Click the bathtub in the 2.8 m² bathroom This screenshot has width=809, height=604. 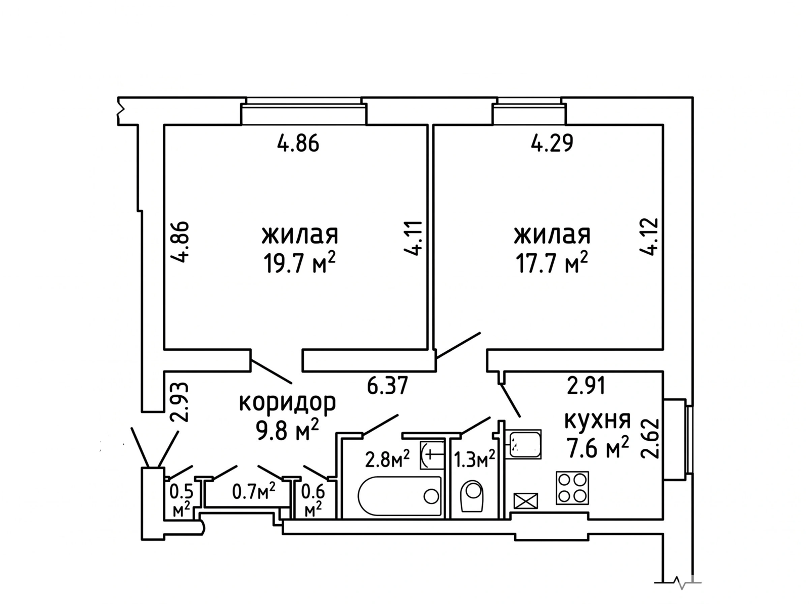(x=399, y=496)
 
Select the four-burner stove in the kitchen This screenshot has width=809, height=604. (x=572, y=488)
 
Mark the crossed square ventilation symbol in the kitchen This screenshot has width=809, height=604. (x=526, y=501)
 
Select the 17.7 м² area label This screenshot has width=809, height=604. (x=551, y=263)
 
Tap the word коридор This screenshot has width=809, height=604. (x=288, y=402)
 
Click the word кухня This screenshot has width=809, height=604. (x=598, y=420)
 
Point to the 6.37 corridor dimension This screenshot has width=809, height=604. (x=387, y=386)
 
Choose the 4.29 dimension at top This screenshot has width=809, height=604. (x=552, y=143)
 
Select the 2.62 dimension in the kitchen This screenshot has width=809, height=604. (x=650, y=438)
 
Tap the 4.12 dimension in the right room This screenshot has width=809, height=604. (x=648, y=237)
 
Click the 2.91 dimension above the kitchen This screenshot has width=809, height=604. (x=586, y=386)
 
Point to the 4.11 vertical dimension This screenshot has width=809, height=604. (x=413, y=238)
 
